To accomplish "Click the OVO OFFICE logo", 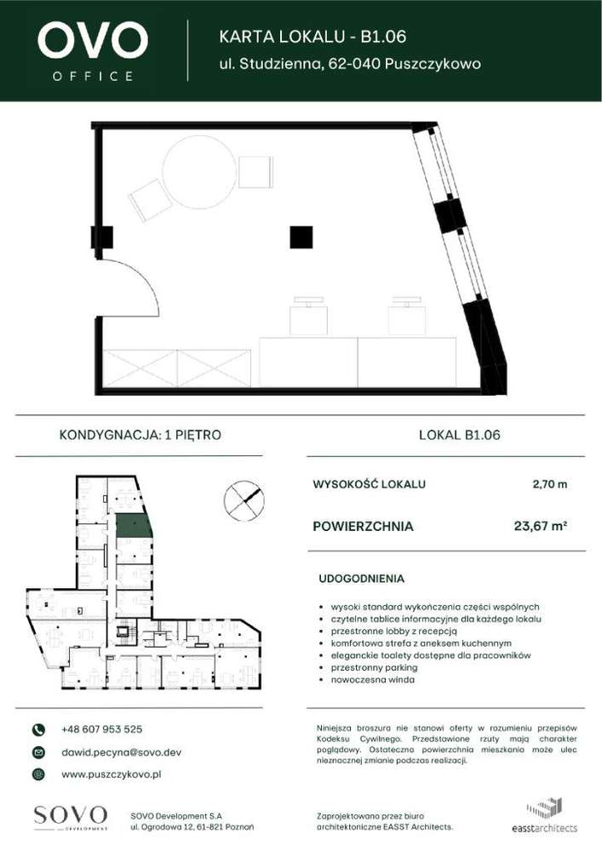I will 93,50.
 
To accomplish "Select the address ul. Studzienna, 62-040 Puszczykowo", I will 350,64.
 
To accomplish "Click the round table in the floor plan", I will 198,173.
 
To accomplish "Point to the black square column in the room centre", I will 301,237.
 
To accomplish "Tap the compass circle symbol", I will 244,500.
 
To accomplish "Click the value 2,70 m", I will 549,484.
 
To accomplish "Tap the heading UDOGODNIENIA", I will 361,579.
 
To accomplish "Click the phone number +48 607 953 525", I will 101,729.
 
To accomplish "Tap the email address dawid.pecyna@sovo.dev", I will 121,752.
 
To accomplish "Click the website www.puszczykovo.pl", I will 112,774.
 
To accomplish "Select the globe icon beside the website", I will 38,774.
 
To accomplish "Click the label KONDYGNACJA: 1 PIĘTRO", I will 140,435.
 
